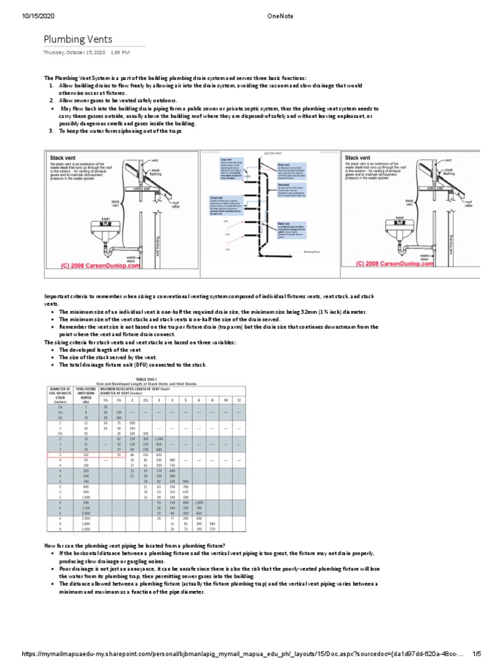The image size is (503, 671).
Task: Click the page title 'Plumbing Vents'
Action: [79, 39]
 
